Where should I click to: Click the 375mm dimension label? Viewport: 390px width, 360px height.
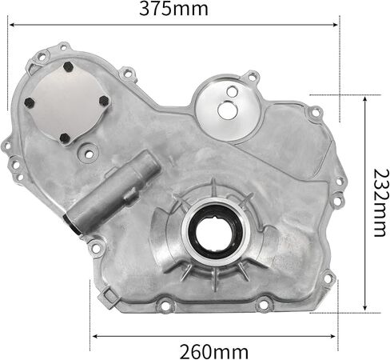click(173, 9)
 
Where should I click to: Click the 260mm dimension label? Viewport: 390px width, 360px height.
click(214, 352)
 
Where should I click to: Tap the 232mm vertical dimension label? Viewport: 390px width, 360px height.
click(379, 202)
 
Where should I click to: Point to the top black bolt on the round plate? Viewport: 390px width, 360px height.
click(68, 66)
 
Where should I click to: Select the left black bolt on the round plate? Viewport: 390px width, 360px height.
click(30, 102)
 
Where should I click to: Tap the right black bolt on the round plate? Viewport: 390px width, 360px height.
click(104, 101)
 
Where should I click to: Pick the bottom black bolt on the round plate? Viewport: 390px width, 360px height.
click(65, 138)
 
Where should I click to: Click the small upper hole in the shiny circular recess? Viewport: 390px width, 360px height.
click(233, 91)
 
